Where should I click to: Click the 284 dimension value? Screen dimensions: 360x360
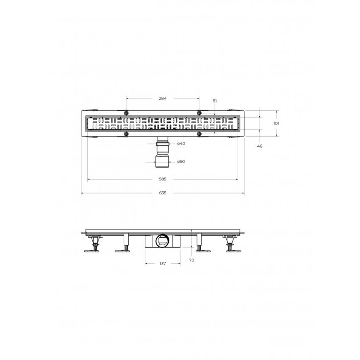[x=162, y=98]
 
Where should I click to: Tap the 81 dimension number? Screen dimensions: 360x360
[x=215, y=101]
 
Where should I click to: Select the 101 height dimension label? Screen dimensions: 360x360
[x=276, y=123]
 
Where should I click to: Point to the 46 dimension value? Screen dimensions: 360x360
[x=259, y=146]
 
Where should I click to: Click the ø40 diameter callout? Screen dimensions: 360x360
[x=181, y=143]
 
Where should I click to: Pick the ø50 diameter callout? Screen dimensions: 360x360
[x=181, y=162]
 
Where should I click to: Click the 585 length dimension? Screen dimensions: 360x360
[x=163, y=179]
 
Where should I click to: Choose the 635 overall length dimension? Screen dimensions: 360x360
[x=163, y=193]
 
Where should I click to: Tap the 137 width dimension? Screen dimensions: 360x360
[x=163, y=264]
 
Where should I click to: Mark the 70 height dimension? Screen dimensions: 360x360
[x=191, y=260]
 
